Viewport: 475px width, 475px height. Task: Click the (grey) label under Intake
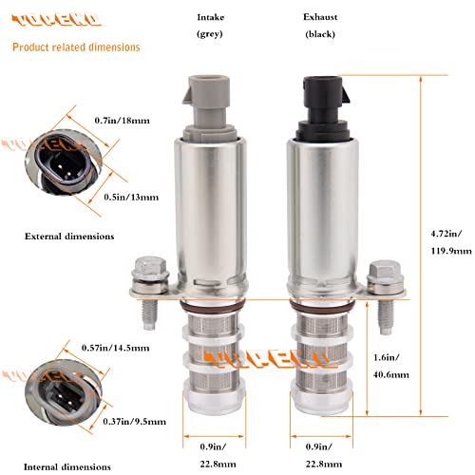[209, 34]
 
